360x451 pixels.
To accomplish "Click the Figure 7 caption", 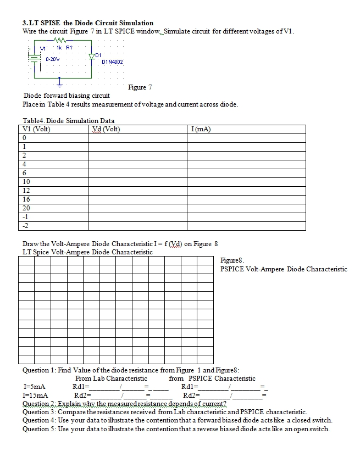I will tap(140, 87).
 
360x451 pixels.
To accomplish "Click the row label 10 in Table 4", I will tap(26, 181).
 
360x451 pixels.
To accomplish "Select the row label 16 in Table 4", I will tap(26, 199).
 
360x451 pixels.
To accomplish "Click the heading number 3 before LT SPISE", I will tap(25, 23).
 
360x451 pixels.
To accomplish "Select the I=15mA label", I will tap(35, 394).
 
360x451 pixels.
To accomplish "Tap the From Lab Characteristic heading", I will tap(111, 378).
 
